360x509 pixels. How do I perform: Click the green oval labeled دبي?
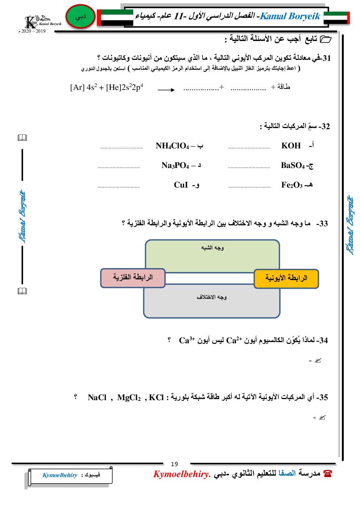[80, 17]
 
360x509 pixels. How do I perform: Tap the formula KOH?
[291, 146]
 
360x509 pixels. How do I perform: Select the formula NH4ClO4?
[172, 146]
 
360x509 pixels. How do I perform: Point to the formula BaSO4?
[293, 165]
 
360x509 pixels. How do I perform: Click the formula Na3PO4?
[175, 165]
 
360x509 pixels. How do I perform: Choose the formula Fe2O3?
[292, 185]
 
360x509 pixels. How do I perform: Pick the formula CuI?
[181, 185]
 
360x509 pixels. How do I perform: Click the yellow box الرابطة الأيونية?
[286, 278]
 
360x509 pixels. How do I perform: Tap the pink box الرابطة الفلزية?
[133, 278]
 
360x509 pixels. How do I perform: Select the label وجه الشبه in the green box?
[212, 248]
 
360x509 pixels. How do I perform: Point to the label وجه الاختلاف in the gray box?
[212, 297]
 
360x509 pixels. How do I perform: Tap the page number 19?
[175, 464]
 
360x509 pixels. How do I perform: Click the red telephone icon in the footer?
[328, 473]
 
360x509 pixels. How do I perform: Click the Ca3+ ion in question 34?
[187, 340]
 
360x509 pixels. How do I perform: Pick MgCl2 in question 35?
[129, 398]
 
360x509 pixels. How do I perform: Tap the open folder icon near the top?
[326, 39]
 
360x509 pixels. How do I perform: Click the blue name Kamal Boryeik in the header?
[290, 16]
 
